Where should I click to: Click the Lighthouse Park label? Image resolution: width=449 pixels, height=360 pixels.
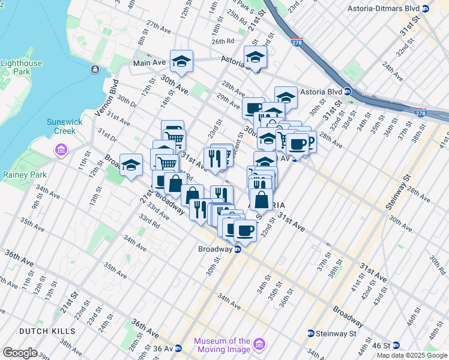[22, 67]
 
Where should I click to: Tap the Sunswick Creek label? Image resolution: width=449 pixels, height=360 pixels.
[62, 126]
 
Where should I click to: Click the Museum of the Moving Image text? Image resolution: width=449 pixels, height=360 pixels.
[221, 345]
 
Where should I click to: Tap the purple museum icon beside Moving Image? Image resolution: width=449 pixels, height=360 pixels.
[259, 344]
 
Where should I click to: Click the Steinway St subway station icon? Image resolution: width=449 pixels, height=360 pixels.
[311, 334]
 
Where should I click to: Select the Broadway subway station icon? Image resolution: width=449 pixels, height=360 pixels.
[237, 249]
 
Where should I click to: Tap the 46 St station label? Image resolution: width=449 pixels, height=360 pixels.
[382, 346]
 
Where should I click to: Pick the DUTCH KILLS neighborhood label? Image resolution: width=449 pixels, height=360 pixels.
[47, 331]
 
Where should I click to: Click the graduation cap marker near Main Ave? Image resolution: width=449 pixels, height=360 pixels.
[181, 61]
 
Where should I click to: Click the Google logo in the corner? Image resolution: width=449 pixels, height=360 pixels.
[20, 353]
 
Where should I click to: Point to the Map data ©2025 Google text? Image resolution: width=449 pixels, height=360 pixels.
[412, 355]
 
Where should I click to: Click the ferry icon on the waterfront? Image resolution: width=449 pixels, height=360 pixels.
[95, 70]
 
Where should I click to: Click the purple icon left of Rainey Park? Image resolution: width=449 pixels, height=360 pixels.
[61, 149]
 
